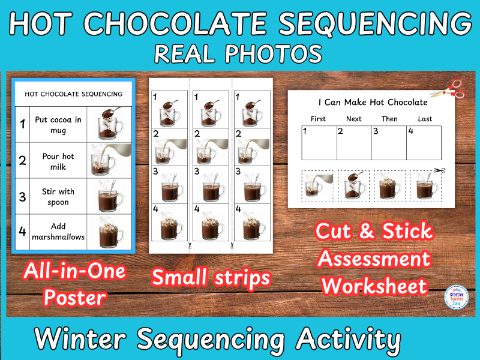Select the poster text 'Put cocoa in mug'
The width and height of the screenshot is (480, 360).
pyautogui.click(x=58, y=125)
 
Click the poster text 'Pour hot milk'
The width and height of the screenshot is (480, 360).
pyautogui.click(x=58, y=161)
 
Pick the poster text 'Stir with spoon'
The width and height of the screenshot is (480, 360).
pyautogui.click(x=58, y=197)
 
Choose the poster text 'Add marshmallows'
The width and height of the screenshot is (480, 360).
pyautogui.click(x=58, y=232)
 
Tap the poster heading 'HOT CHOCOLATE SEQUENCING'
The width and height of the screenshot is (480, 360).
pyautogui.click(x=73, y=94)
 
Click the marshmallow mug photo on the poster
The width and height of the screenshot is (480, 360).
pyautogui.click(x=111, y=232)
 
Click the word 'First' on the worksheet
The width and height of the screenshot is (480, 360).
pyautogui.click(x=319, y=119)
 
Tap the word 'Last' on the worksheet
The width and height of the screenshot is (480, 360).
pyautogui.click(x=425, y=119)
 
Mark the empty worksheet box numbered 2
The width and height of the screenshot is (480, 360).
pyautogui.click(x=354, y=143)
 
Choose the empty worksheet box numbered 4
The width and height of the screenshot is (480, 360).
pyautogui.click(x=424, y=143)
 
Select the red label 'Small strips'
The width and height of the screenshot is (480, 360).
pyautogui.click(x=211, y=277)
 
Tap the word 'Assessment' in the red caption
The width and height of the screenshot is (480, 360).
pyautogui.click(x=374, y=259)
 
